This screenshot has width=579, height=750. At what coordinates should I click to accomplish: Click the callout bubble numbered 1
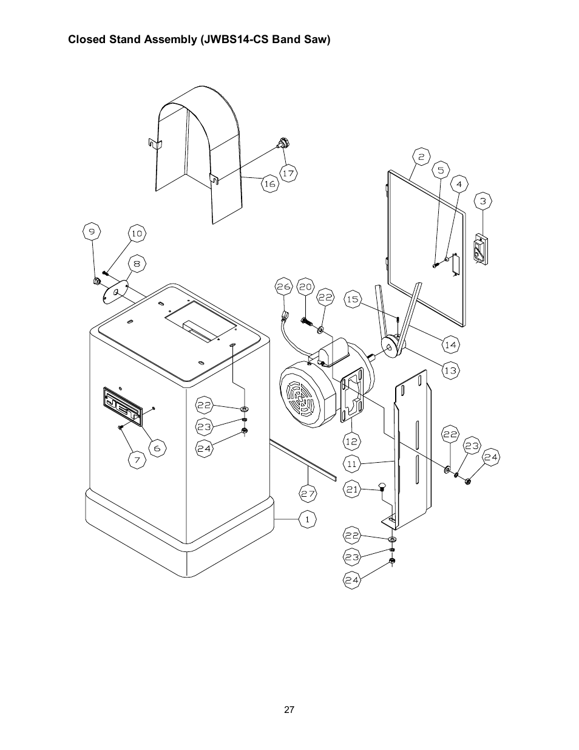307,519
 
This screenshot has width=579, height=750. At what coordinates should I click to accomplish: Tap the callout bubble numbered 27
308,494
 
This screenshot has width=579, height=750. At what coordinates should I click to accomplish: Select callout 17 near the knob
288,173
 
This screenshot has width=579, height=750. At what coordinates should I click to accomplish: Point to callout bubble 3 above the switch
482,201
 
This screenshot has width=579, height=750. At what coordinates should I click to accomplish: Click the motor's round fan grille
300,395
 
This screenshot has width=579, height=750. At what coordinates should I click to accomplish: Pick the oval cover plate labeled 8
116,292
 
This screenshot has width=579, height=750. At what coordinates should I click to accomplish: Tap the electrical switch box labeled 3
480,249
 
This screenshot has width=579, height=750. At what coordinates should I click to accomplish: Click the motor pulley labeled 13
394,346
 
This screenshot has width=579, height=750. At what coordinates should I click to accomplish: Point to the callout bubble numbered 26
283,287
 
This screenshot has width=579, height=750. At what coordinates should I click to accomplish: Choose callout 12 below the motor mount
351,441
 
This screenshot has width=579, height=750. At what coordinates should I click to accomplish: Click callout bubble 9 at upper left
92,231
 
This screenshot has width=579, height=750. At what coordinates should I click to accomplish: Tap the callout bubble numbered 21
352,489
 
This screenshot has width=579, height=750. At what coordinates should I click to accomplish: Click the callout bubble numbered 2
421,157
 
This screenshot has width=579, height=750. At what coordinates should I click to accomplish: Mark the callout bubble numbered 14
450,344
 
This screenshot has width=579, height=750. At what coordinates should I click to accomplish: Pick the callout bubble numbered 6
157,448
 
